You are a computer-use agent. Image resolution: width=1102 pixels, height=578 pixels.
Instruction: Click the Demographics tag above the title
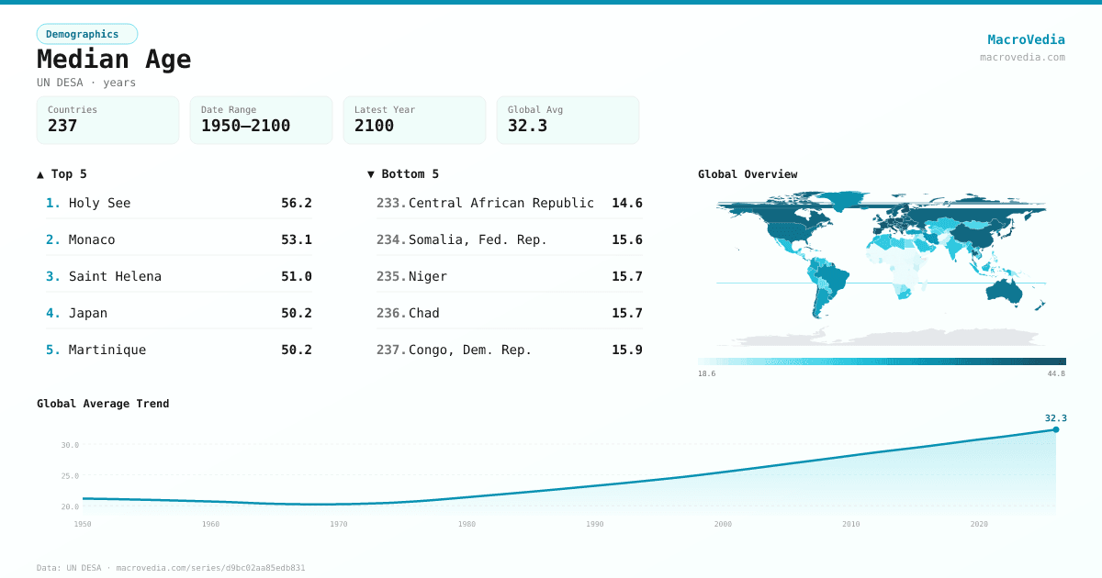tap(86, 34)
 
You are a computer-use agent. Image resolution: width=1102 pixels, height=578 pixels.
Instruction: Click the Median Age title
tap(114, 60)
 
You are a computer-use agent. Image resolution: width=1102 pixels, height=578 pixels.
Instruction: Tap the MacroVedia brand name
tap(1026, 39)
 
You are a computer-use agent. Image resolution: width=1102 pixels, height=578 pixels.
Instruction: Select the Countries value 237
tap(62, 126)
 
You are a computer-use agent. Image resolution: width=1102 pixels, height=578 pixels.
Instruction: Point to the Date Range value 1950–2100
tap(245, 126)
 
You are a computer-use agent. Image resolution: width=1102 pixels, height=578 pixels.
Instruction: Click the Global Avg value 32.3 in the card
tap(527, 126)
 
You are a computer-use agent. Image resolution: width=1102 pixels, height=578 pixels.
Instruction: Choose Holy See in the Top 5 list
tap(99, 203)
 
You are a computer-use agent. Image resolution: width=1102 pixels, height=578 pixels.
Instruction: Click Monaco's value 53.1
tap(296, 239)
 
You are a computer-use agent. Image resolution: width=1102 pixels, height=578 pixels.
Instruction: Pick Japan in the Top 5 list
tap(87, 313)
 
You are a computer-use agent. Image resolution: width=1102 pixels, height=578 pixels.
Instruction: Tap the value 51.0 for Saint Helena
tap(296, 276)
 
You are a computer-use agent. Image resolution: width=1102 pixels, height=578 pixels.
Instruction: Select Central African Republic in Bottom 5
tap(500, 203)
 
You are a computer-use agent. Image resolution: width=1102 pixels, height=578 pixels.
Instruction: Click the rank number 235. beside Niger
tap(390, 276)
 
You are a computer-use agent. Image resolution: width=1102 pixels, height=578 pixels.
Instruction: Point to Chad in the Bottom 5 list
tap(423, 313)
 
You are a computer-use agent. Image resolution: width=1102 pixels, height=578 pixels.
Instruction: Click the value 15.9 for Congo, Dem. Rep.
tap(626, 350)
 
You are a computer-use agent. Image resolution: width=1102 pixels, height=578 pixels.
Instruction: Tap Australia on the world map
tap(1007, 290)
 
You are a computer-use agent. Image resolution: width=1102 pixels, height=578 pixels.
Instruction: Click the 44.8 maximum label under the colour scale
tap(1056, 373)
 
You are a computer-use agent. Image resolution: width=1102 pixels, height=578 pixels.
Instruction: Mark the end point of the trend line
tap(1055, 429)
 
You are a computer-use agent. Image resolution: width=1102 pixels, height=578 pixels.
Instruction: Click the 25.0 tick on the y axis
tap(70, 475)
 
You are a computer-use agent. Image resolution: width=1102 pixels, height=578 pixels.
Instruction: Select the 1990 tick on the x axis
tap(595, 524)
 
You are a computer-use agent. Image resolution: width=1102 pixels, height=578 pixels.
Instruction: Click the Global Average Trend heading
tap(103, 404)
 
